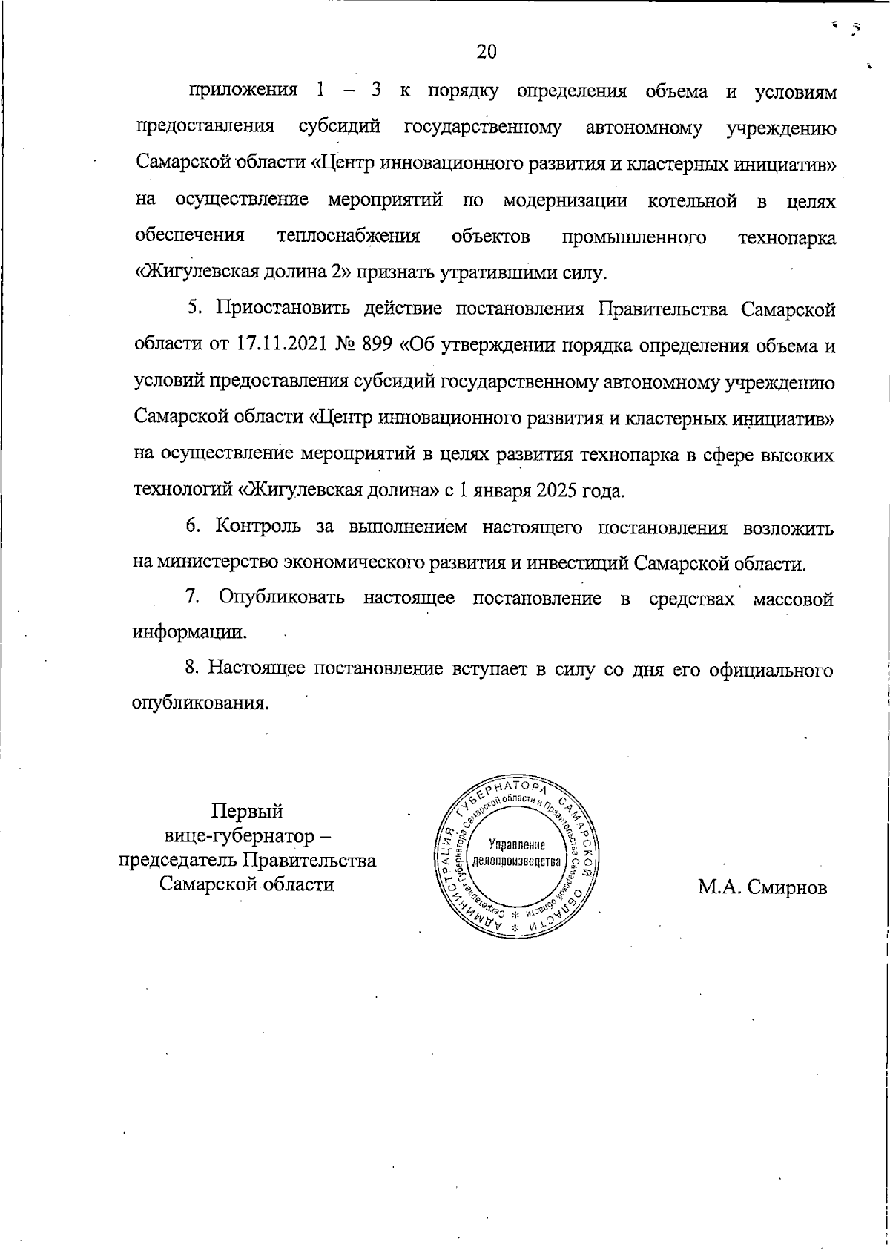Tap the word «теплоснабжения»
349,237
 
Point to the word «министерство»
217,563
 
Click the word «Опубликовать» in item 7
281,599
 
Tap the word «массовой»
793,599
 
